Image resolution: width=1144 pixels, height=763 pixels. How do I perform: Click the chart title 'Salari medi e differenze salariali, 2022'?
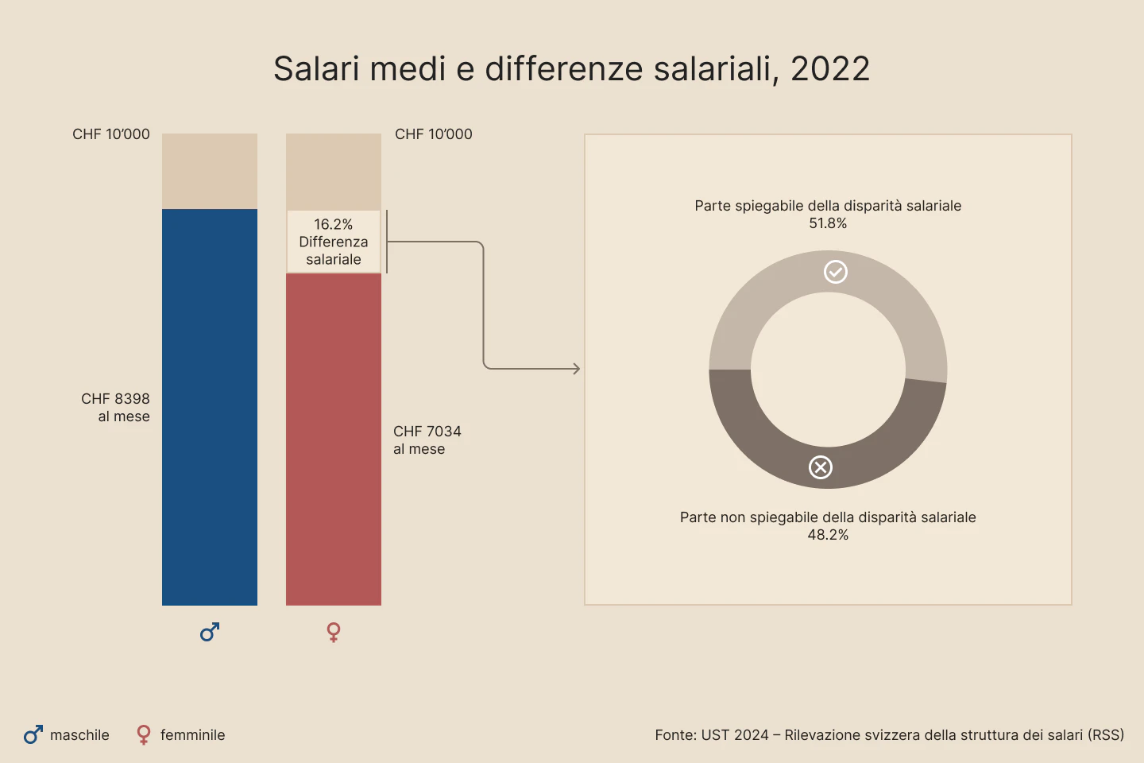coord(571,69)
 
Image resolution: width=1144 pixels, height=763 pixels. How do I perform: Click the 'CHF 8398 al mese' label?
coord(115,407)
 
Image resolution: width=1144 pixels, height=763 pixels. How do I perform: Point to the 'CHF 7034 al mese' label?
coord(427,440)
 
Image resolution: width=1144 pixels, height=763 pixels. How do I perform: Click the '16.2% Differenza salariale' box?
coord(334,242)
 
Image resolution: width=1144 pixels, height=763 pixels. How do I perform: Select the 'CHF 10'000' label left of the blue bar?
coord(111,134)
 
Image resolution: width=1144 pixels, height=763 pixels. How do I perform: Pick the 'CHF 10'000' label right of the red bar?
coord(434,134)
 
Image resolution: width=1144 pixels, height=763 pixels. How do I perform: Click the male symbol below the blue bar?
coord(210,632)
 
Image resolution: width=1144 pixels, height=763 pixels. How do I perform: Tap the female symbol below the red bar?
coord(334,632)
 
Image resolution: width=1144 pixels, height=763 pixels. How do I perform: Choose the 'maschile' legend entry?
coord(68,735)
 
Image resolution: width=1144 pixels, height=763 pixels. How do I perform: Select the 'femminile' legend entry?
coord(181,735)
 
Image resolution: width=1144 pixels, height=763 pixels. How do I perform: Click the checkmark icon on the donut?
coord(835,272)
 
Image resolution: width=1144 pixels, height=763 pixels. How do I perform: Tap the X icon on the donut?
coord(821,467)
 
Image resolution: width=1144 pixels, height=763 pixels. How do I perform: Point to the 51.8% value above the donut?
coord(828,223)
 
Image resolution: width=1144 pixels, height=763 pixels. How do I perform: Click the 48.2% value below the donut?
coord(828,535)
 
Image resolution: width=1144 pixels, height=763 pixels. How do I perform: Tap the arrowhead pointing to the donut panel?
coord(576,369)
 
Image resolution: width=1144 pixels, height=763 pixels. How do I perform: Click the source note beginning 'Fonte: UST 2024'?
coord(889,735)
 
